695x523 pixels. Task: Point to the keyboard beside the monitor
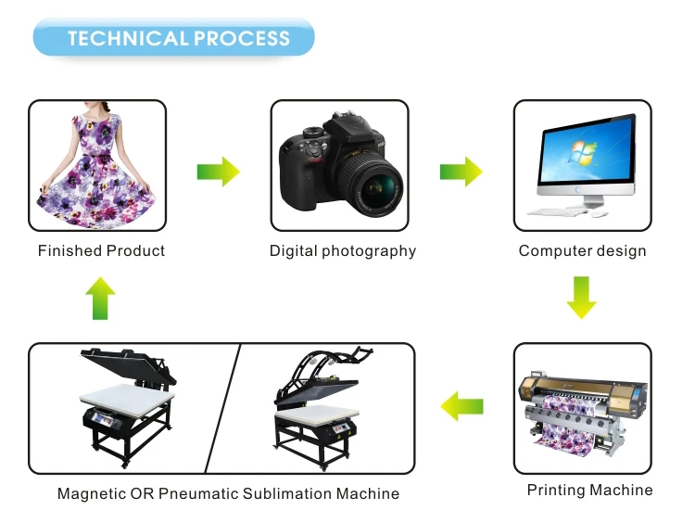[x=555, y=212]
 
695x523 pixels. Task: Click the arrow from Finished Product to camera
[x=218, y=171]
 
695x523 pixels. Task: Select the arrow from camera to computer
[x=461, y=171]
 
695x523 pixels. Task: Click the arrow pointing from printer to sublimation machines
[x=461, y=405]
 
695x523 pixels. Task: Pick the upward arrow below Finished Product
[x=100, y=299]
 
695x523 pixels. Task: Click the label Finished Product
[x=101, y=250]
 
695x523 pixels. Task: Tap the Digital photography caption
[x=343, y=250]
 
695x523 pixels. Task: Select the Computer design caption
[x=582, y=250]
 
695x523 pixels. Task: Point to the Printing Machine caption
[x=589, y=490]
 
